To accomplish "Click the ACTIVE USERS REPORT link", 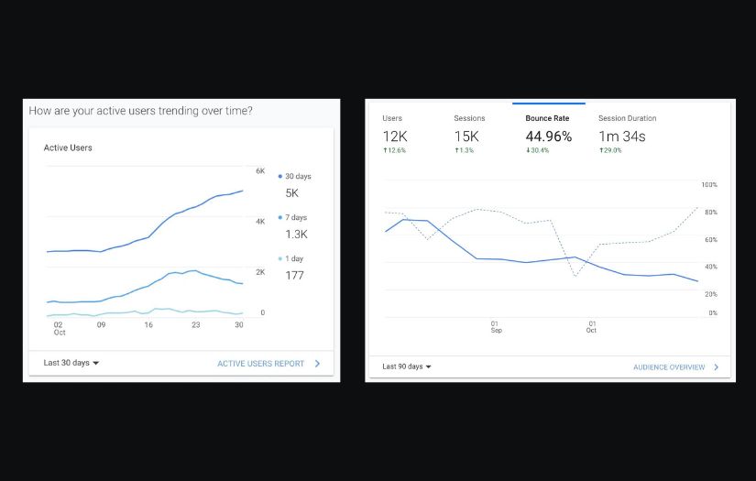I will [261, 364].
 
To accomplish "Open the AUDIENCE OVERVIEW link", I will [669, 367].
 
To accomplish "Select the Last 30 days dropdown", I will [71, 363].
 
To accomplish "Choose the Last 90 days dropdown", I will [406, 366].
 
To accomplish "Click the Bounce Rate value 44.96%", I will [548, 137].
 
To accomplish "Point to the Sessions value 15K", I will [466, 137].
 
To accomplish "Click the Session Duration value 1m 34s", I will [622, 137].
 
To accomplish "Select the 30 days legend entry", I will [295, 176].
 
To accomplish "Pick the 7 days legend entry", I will [294, 217].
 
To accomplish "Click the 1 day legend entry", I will [292, 258].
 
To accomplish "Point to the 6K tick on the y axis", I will [260, 171].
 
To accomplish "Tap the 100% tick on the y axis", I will [708, 185].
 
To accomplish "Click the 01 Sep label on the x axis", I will [496, 326].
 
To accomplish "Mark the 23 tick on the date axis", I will [195, 324].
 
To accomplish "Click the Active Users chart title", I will [68, 148].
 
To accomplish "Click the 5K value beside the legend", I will [291, 193].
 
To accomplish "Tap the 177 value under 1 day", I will [294, 275].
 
